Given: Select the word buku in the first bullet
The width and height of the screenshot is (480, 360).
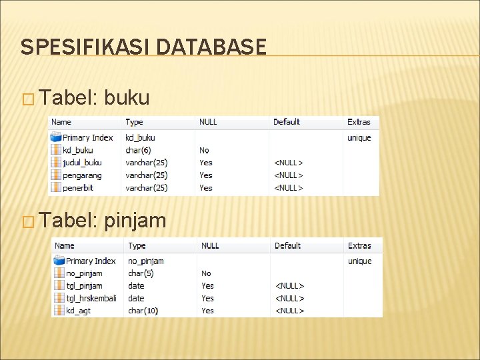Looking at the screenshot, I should tap(127, 99).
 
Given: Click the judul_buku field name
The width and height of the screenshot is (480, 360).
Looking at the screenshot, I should tap(82, 163).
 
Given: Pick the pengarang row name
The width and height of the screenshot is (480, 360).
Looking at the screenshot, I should tap(82, 175).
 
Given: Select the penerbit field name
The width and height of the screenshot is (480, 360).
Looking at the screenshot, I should tap(77, 188).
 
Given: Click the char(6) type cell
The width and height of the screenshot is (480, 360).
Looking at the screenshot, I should tap(139, 150).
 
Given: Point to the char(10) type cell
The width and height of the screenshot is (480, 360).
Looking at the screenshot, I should tap(143, 311).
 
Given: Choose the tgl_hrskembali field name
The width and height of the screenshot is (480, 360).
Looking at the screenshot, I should tap(91, 298).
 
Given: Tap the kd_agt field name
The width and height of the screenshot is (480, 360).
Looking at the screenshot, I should tap(78, 311).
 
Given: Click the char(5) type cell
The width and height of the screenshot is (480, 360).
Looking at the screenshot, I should tap(141, 273).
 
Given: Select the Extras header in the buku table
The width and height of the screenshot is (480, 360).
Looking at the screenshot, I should tap(359, 122).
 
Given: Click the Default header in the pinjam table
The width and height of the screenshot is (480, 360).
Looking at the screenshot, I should tap(288, 246).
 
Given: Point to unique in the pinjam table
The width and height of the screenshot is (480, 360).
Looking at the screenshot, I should tap(360, 261).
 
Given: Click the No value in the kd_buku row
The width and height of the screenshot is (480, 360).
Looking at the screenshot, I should tap(204, 150).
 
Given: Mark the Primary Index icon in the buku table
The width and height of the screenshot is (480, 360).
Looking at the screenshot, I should tap(57, 138).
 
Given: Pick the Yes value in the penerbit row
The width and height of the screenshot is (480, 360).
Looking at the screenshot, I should tap(206, 188).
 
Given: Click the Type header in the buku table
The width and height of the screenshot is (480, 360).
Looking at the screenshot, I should tap(134, 122).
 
